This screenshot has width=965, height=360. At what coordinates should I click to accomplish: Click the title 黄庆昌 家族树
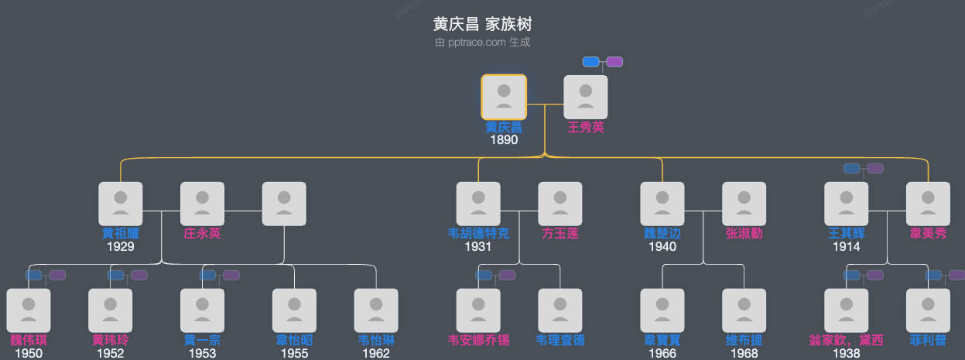482,25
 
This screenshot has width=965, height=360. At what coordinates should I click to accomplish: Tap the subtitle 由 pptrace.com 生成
482,43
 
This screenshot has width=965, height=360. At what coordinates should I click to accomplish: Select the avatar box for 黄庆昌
504,97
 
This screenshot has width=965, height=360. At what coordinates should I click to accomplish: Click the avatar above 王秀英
586,97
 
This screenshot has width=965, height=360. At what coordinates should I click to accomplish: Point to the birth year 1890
504,140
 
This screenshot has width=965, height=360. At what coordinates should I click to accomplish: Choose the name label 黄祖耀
121,234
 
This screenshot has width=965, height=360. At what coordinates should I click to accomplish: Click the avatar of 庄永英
202,204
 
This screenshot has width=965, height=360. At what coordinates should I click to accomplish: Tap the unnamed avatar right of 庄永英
284,204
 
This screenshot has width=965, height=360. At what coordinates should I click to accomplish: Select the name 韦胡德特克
478,234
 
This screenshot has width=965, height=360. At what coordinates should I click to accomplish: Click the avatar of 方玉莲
559,204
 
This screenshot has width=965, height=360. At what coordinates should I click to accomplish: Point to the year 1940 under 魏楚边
662,247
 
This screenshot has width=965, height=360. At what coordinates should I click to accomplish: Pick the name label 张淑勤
744,234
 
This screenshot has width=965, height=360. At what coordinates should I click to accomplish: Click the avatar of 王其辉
846,204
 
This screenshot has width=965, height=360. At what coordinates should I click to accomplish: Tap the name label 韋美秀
928,234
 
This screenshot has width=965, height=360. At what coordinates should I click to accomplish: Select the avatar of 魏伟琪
28,310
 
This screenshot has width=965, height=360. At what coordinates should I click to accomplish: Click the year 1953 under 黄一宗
202,354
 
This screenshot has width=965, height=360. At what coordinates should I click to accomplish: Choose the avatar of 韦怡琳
376,310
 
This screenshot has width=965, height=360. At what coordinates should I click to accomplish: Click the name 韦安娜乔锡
478,341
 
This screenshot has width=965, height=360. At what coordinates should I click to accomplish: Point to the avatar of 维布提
744,310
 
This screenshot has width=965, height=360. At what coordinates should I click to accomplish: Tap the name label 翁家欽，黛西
846,341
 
